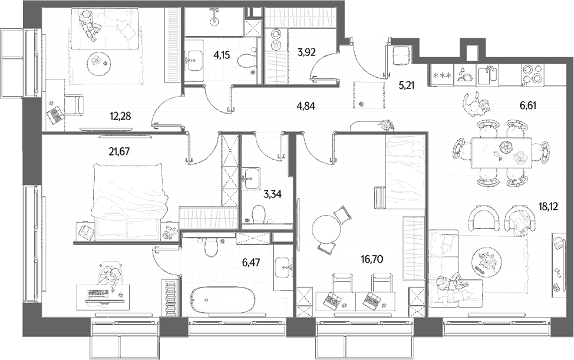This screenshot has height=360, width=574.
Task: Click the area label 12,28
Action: coord(120,116)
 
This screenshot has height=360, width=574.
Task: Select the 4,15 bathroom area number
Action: coord(223,55)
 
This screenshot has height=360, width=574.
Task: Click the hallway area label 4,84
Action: coord(306,106)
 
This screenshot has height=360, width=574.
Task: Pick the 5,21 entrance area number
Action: coord(407,85)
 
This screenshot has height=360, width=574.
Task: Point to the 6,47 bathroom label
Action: coord(251,262)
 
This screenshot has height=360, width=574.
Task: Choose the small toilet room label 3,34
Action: coord(273,194)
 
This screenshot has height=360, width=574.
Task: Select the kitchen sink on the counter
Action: coord(487,74)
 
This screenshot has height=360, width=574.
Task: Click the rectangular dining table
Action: coord(501,153)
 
